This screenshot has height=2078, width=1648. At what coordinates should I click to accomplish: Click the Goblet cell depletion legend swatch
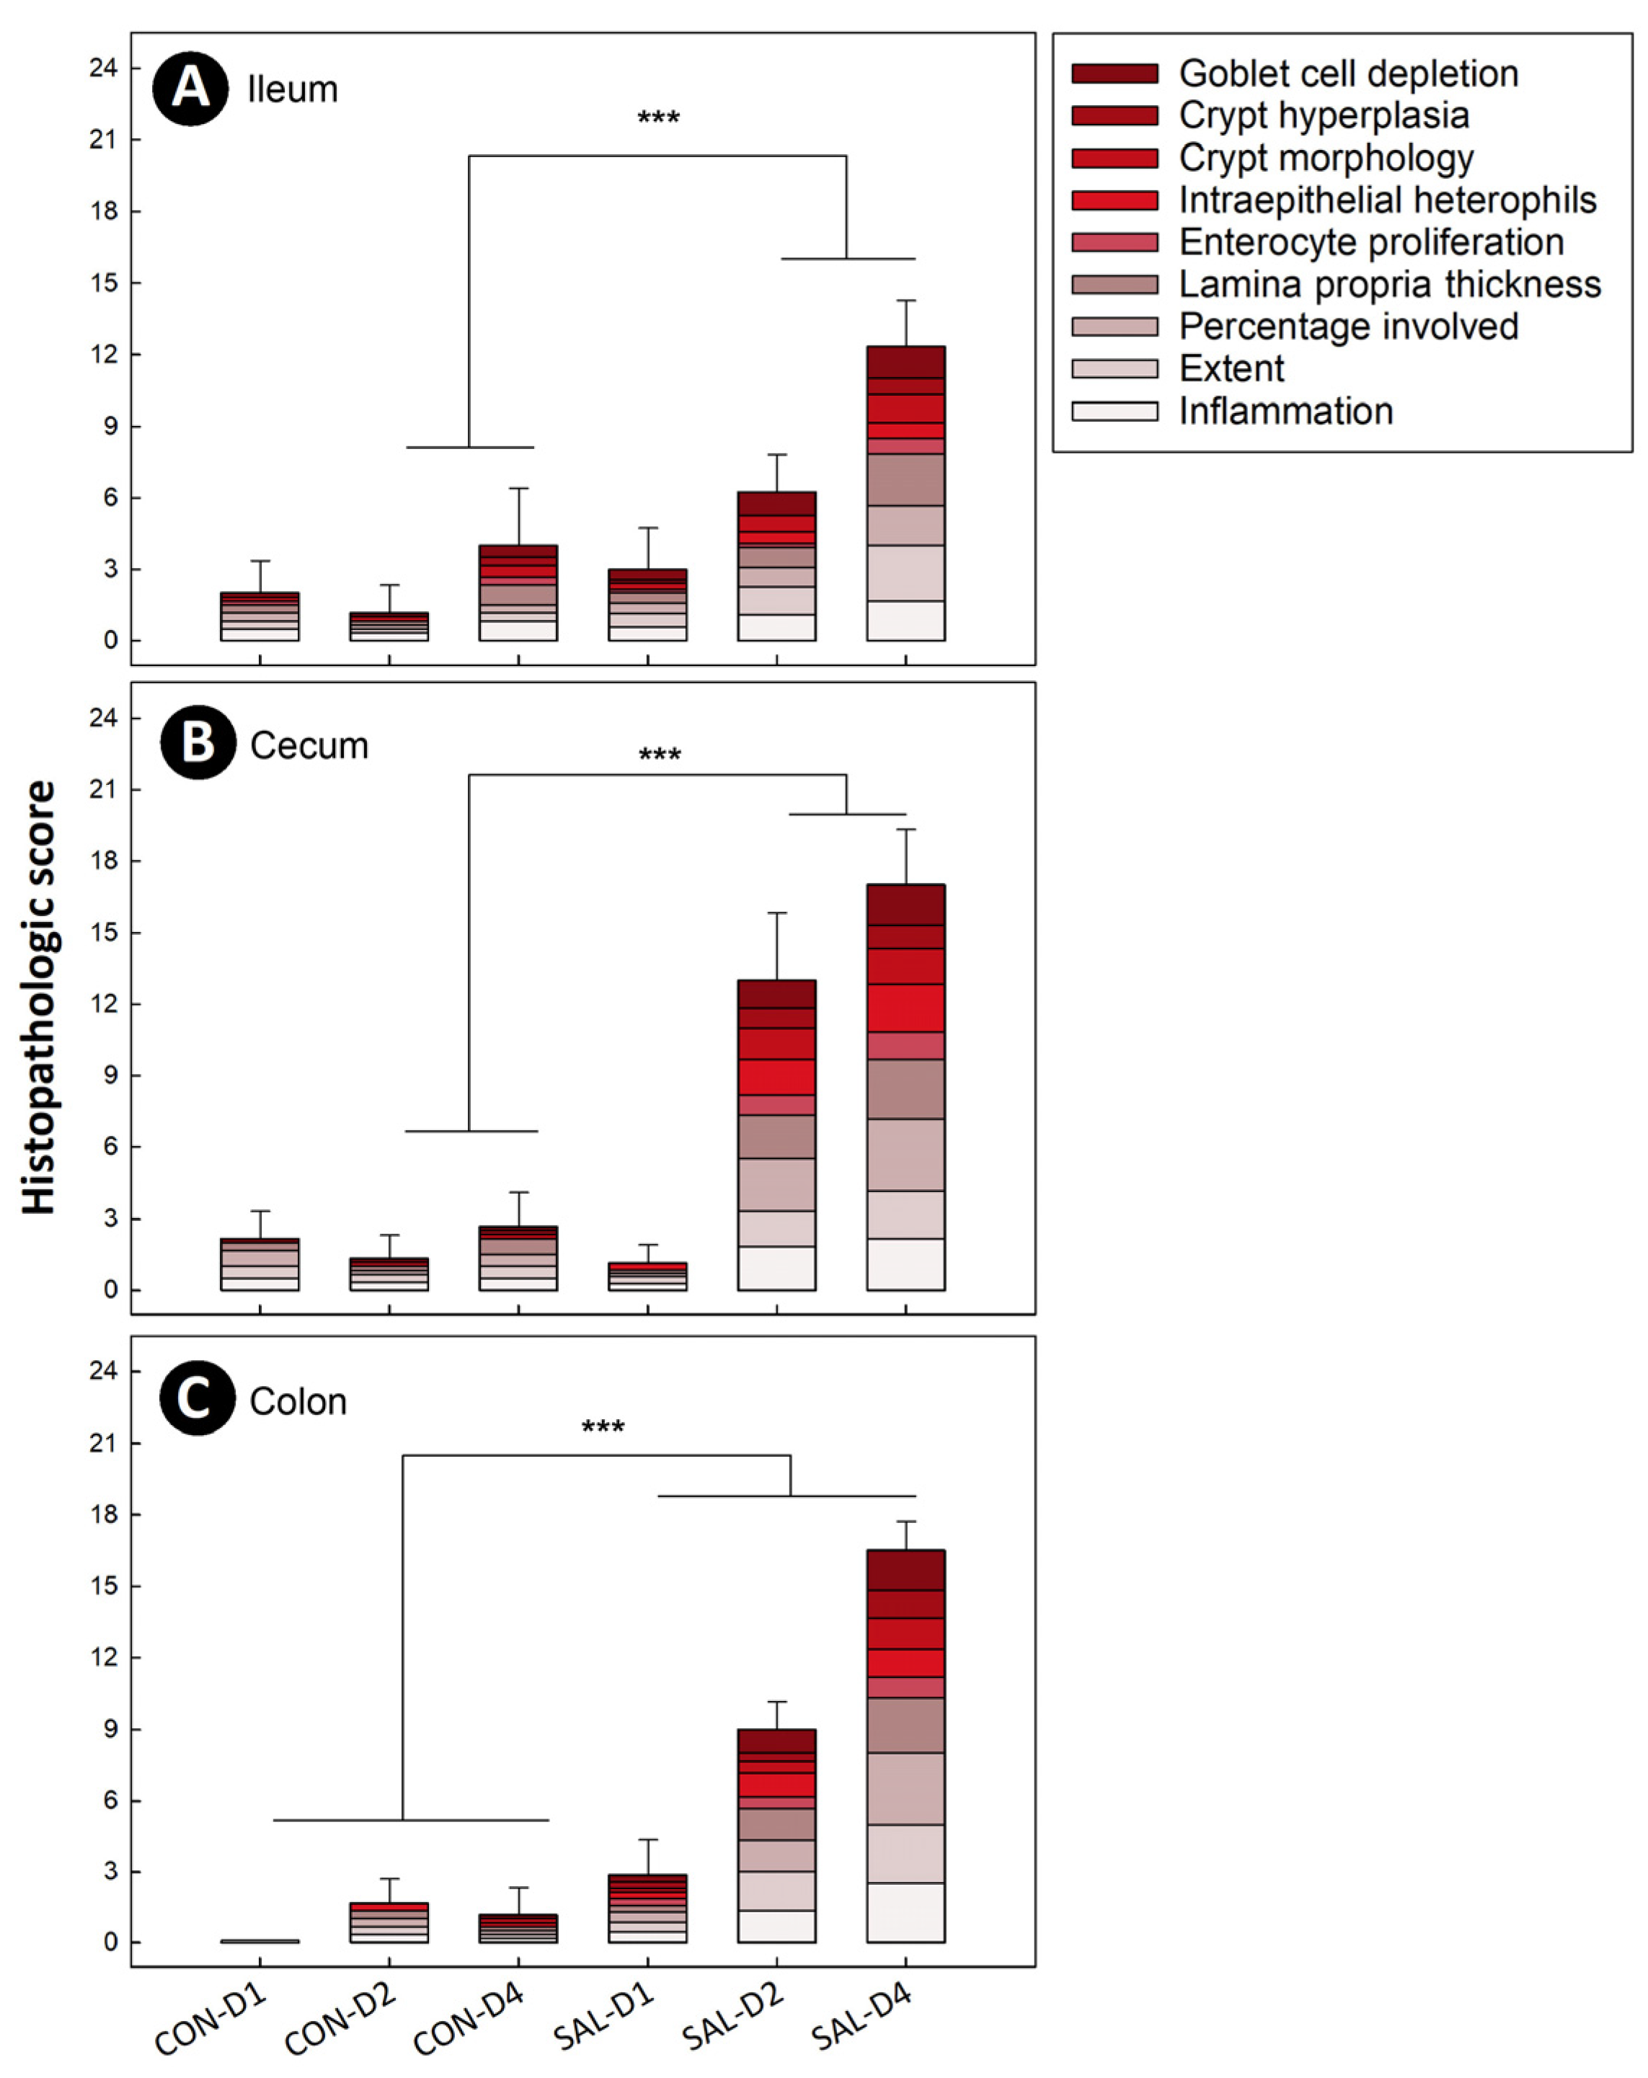pos(1114,74)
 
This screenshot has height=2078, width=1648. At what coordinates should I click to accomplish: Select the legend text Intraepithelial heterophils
pos(1387,200)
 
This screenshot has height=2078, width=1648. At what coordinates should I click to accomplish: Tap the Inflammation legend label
pos(1285,411)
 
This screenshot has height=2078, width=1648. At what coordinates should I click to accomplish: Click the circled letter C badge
pos(197,1398)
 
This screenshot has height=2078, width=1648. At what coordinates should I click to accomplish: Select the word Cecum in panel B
pos(309,745)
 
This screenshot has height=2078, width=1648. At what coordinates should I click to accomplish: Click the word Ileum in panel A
pos(292,89)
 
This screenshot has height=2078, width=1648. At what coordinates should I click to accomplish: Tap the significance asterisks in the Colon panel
pos(603,1427)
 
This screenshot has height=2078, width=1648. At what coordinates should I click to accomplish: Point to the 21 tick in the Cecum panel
pos(103,789)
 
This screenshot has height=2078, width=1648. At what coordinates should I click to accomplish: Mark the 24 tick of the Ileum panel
pos(103,68)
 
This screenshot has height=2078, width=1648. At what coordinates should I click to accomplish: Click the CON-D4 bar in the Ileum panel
pos(518,592)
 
